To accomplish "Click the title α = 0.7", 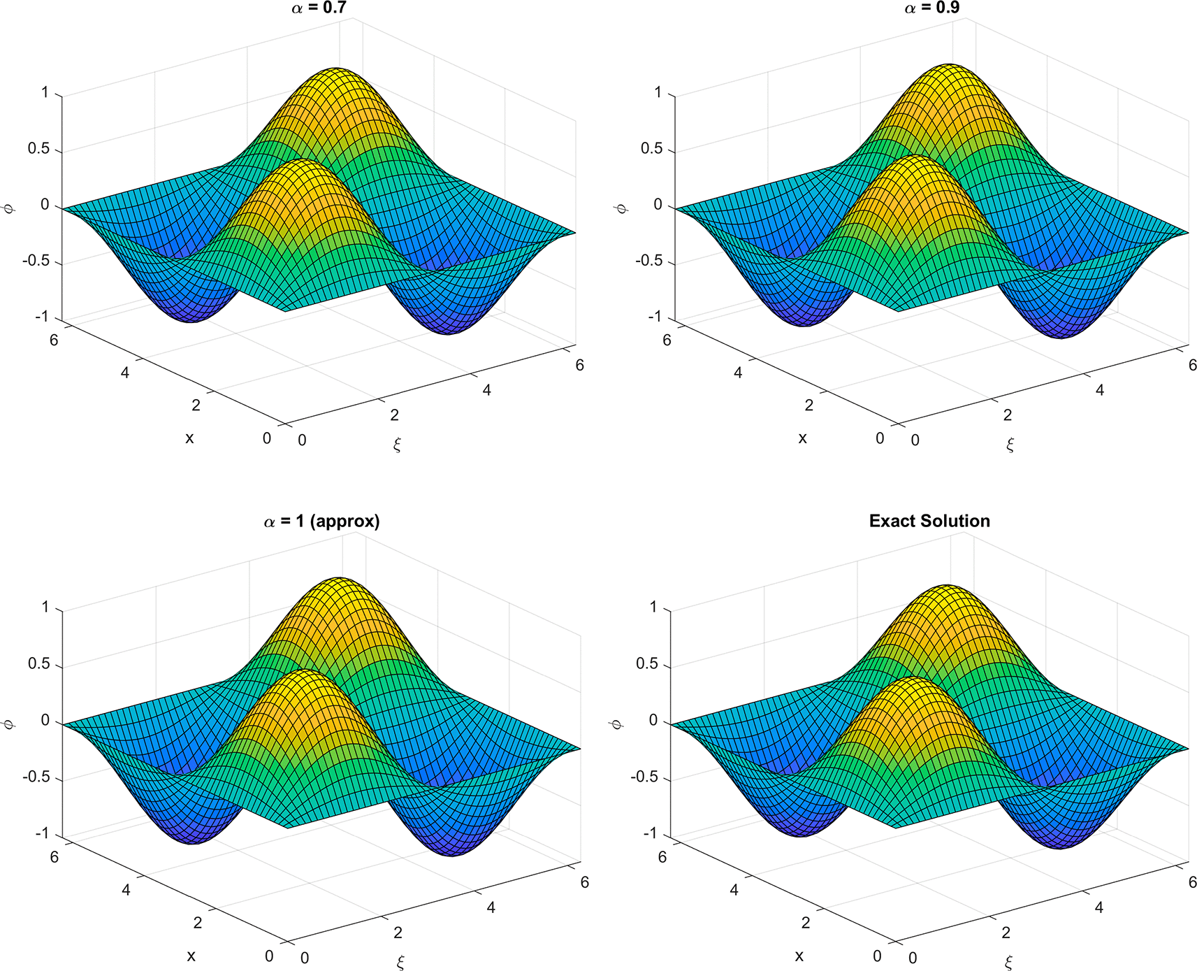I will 319,8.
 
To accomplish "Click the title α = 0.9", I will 931,8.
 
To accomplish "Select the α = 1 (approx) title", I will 321,522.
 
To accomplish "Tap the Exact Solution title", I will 929,521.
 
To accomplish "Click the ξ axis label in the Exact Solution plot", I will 1008,962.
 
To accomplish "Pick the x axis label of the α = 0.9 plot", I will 802,438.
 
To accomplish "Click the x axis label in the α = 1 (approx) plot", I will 191,956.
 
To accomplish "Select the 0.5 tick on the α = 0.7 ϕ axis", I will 38,149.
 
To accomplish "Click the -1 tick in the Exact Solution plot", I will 650,833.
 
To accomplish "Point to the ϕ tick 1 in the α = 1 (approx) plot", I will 45,607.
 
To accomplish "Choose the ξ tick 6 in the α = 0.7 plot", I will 579,365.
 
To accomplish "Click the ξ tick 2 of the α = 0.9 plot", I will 1007,415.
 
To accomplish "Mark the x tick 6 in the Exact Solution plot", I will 662,856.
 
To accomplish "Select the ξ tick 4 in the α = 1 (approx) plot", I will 491,907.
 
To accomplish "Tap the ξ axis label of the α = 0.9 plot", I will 1010,444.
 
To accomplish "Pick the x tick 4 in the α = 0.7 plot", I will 124,373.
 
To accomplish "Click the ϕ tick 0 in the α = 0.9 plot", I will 658,205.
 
